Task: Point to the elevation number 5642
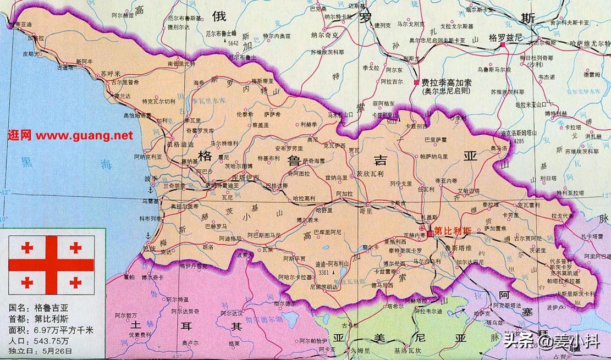point(234,42)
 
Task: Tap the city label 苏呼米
point(110,73)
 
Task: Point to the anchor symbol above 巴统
point(147,236)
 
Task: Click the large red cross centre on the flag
point(51,264)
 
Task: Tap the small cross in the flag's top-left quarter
point(26,248)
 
